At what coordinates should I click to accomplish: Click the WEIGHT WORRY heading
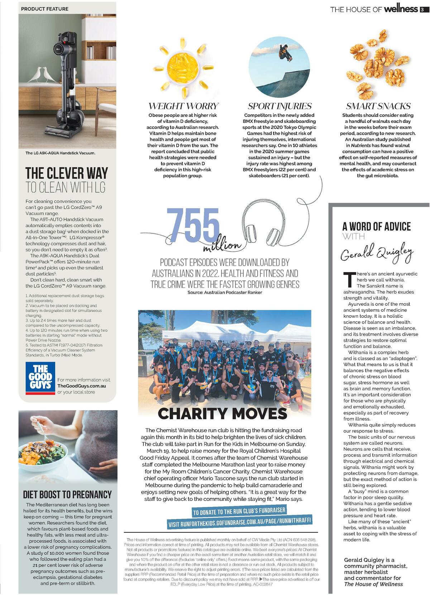[x=183, y=106]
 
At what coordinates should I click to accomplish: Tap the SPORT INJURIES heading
[x=279, y=106]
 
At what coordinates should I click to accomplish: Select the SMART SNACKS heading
[x=378, y=106]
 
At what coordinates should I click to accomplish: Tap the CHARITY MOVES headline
[x=222, y=413]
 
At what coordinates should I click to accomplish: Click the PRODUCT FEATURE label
[x=45, y=9]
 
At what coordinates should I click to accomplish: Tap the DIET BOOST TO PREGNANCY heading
[x=67, y=495]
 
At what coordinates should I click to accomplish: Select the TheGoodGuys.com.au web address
[x=82, y=386]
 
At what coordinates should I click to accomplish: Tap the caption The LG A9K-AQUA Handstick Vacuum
[x=60, y=153]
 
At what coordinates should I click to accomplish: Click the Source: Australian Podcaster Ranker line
[x=225, y=292]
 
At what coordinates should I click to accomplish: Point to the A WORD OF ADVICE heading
[x=376, y=227]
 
